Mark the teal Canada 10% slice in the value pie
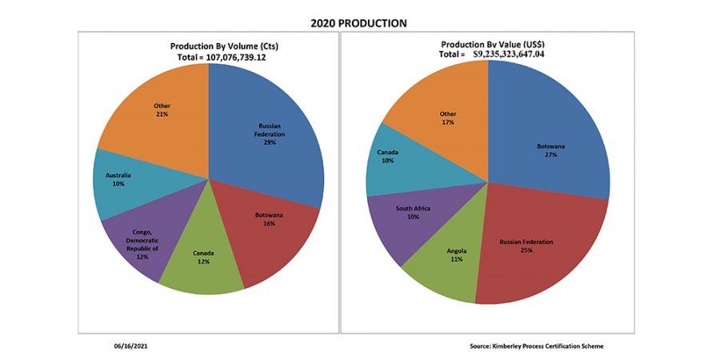coord(392,160)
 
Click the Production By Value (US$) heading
coord(486,44)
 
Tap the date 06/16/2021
coord(130,346)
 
